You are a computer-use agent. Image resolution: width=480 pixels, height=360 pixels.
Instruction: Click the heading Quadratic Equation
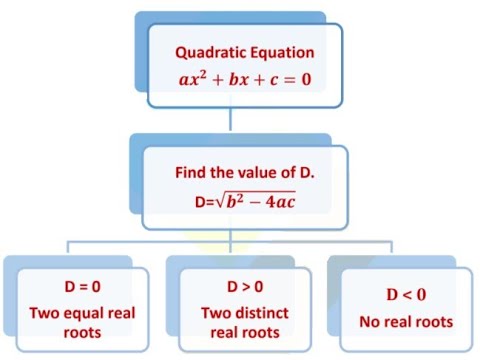(x=245, y=51)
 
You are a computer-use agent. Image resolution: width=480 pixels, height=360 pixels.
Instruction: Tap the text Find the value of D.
(x=245, y=172)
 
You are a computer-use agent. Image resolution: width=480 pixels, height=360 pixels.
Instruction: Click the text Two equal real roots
(x=82, y=321)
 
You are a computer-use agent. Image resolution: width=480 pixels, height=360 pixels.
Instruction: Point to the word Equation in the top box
(x=283, y=51)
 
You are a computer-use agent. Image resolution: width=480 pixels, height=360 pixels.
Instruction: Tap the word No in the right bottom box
(x=371, y=321)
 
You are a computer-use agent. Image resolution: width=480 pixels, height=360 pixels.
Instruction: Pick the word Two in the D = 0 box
(x=43, y=312)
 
